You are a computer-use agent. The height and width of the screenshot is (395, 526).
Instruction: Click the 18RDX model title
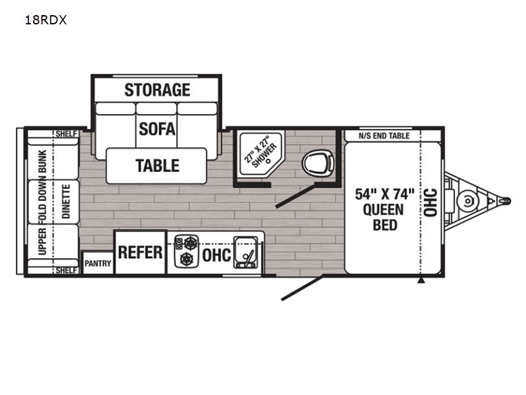click(x=45, y=20)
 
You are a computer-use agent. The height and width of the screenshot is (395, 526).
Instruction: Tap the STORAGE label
click(x=157, y=90)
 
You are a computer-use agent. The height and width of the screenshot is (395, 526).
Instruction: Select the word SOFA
click(x=157, y=129)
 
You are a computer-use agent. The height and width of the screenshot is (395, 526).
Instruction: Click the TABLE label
click(x=157, y=166)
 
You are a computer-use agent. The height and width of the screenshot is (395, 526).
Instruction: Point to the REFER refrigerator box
click(x=140, y=252)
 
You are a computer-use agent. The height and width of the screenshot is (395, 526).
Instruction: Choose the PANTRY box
click(x=97, y=263)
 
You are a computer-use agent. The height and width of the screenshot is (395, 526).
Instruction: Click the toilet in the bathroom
click(x=318, y=163)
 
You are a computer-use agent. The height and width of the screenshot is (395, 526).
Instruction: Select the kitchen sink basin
click(x=247, y=252)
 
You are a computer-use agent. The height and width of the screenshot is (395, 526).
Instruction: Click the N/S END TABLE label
click(x=384, y=136)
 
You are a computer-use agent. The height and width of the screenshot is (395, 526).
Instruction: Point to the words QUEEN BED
click(x=385, y=217)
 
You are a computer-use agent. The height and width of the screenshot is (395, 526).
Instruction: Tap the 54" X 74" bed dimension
click(x=385, y=194)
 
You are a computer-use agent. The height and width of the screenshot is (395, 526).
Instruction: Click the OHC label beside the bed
click(x=430, y=202)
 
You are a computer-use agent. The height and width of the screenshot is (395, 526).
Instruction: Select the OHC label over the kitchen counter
click(x=216, y=255)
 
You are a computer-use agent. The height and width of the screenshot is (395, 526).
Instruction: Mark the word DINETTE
click(x=66, y=201)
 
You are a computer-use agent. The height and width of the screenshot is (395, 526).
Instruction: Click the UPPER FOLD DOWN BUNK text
click(x=43, y=202)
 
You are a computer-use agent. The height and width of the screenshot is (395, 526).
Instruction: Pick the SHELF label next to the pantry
click(x=66, y=271)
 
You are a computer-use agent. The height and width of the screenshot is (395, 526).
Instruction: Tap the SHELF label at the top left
click(x=66, y=134)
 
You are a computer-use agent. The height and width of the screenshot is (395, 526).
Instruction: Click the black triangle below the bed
click(x=421, y=280)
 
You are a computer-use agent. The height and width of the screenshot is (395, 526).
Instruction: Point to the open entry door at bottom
click(x=302, y=288)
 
